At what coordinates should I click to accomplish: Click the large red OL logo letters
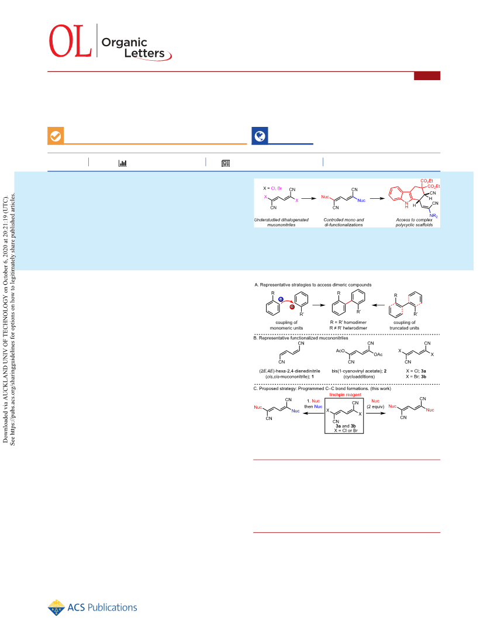click(70, 41)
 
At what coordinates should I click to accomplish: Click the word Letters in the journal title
click(144, 53)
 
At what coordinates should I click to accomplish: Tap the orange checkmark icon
click(56, 136)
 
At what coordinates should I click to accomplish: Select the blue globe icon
click(260, 136)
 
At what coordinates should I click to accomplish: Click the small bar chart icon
click(122, 163)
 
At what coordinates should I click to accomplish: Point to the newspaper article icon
click(226, 163)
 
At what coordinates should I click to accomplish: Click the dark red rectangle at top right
click(427, 75)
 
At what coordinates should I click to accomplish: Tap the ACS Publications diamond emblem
click(56, 608)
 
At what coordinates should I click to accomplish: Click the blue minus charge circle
click(281, 299)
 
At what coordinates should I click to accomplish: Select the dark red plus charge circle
click(292, 307)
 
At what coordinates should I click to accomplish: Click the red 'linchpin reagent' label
click(346, 395)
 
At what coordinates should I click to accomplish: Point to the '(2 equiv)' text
click(375, 406)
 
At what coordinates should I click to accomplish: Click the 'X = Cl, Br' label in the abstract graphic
click(272, 188)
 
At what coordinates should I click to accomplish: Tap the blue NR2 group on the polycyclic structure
click(434, 216)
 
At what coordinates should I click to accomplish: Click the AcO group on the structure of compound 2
click(340, 351)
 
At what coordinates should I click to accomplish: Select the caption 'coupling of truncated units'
click(405, 325)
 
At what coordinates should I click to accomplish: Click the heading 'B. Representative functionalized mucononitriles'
click(301, 338)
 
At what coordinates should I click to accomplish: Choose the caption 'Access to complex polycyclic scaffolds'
click(414, 222)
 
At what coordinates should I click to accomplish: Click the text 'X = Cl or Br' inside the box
click(346, 430)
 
